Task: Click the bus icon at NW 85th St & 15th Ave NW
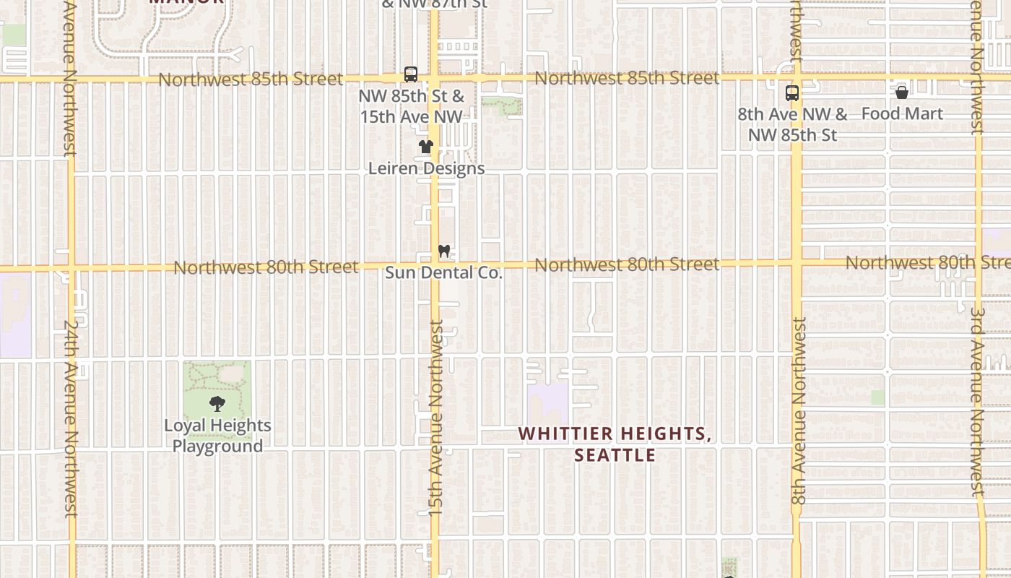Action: click(x=411, y=74)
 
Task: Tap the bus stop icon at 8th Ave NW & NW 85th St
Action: click(x=792, y=93)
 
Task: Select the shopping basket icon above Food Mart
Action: click(x=901, y=92)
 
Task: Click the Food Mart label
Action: click(x=902, y=113)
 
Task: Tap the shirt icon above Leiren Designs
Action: click(x=426, y=147)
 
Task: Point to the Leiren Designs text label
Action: click(x=426, y=168)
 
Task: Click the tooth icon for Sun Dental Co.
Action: click(x=443, y=251)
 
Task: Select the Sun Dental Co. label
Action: click(x=443, y=272)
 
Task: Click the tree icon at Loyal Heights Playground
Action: click(x=217, y=404)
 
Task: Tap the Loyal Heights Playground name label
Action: click(x=217, y=436)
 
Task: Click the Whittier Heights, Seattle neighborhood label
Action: click(x=615, y=444)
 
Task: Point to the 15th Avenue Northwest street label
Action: click(x=436, y=419)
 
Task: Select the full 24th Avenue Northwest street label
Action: click(x=70, y=419)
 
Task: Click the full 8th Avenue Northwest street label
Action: click(x=798, y=412)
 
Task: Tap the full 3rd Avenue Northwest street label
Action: click(x=978, y=402)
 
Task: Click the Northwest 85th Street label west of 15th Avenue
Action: click(x=251, y=79)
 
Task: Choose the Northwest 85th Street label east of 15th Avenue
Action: click(x=627, y=77)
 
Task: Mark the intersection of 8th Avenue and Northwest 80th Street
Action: click(x=797, y=263)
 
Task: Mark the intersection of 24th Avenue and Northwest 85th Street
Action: click(x=71, y=79)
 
